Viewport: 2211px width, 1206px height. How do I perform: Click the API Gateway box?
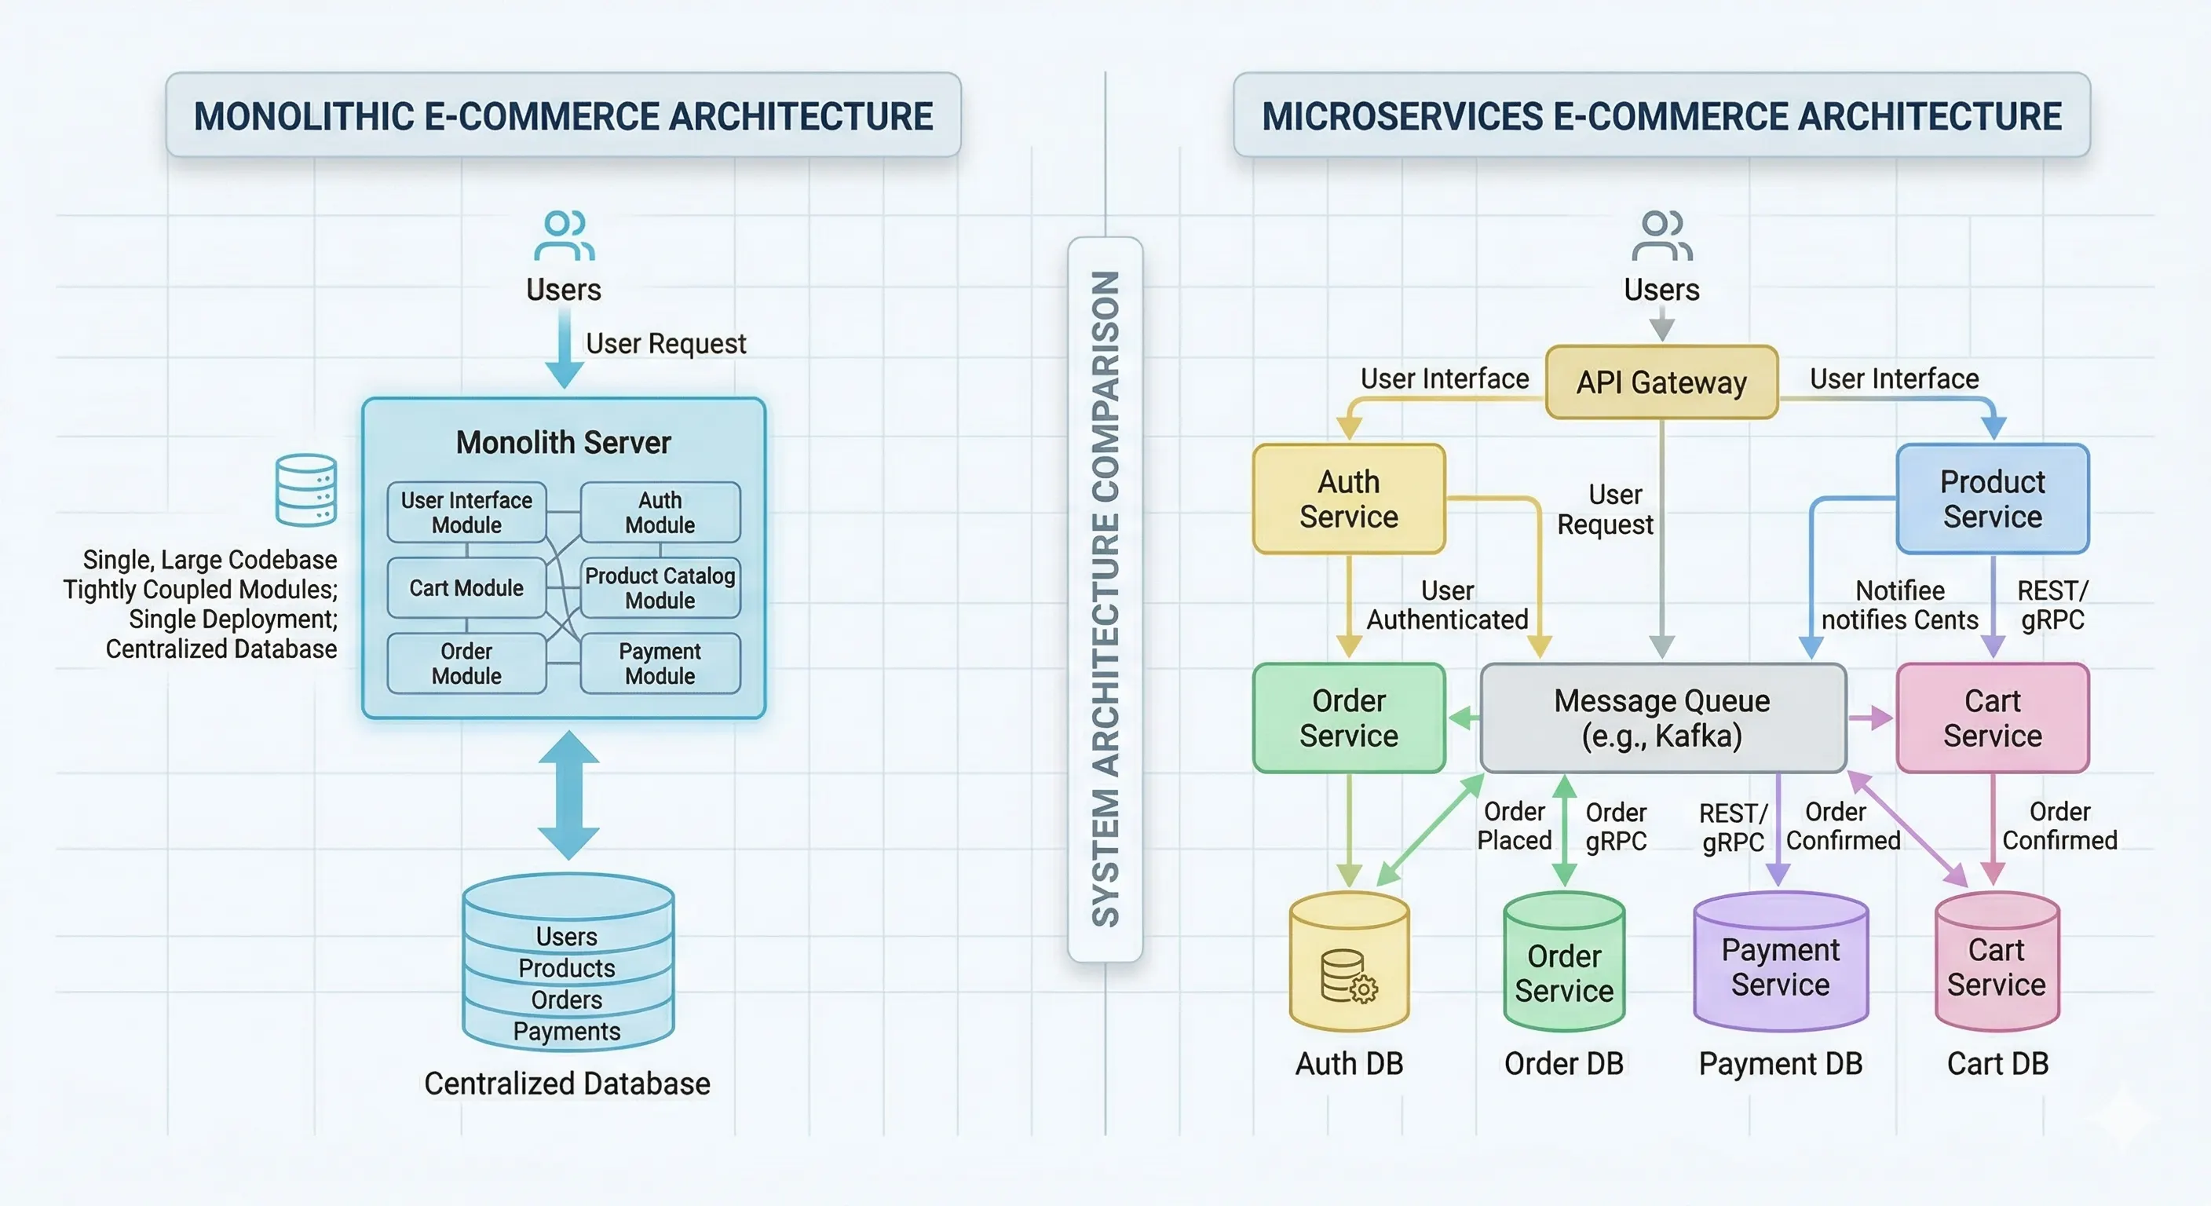[1661, 382]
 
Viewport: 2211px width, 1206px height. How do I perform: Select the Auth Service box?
[1348, 499]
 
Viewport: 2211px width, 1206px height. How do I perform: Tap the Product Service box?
[1991, 499]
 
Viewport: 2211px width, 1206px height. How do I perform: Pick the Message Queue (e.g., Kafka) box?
[1661, 718]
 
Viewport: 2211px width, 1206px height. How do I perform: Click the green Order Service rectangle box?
[1348, 718]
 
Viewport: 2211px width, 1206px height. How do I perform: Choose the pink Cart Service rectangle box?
[1991, 718]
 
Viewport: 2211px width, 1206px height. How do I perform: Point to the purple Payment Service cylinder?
[1780, 966]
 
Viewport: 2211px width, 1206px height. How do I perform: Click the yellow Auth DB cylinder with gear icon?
[1348, 966]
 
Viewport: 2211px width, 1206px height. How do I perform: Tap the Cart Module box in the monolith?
[466, 588]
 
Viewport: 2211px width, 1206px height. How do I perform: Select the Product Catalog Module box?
[660, 588]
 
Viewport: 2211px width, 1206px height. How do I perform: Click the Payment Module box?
[660, 663]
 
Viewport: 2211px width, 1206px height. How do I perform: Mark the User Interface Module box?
[466, 513]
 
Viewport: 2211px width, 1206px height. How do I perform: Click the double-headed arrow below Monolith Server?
[568, 795]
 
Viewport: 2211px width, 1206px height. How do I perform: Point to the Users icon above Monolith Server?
[564, 236]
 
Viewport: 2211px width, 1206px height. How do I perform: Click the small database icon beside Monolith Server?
[305, 490]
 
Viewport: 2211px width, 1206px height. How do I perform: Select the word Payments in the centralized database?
[566, 1031]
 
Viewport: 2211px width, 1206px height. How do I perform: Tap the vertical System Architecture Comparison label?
[1105, 598]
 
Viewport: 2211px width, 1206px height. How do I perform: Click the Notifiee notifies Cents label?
[1899, 605]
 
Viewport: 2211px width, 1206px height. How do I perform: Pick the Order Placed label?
[1514, 826]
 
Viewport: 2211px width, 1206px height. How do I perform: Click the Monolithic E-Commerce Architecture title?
[563, 116]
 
